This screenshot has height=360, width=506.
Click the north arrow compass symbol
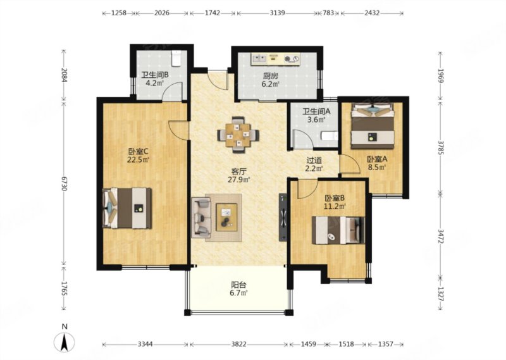point(65,342)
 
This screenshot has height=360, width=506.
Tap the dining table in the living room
point(238,135)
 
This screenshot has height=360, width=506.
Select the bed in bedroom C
point(127,208)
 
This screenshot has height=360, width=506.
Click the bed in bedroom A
point(373,126)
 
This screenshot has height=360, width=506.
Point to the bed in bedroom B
point(338,230)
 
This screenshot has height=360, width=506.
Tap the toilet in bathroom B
point(176,58)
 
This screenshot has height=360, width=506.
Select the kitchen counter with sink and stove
point(276,58)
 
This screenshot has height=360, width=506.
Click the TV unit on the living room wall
point(283,217)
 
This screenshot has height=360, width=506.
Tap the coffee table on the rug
point(226,217)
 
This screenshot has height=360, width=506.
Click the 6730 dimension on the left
point(64,183)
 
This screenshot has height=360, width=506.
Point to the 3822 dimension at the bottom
point(238,344)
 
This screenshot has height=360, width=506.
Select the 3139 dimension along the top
point(277,13)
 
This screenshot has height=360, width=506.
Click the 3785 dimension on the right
point(441,147)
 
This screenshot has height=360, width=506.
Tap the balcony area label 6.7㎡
point(239,293)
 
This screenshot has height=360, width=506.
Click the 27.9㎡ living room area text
point(239,180)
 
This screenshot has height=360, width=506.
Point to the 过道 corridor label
point(314,160)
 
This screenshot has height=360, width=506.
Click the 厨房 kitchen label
point(271,76)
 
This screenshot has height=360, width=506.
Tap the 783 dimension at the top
point(328,13)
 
